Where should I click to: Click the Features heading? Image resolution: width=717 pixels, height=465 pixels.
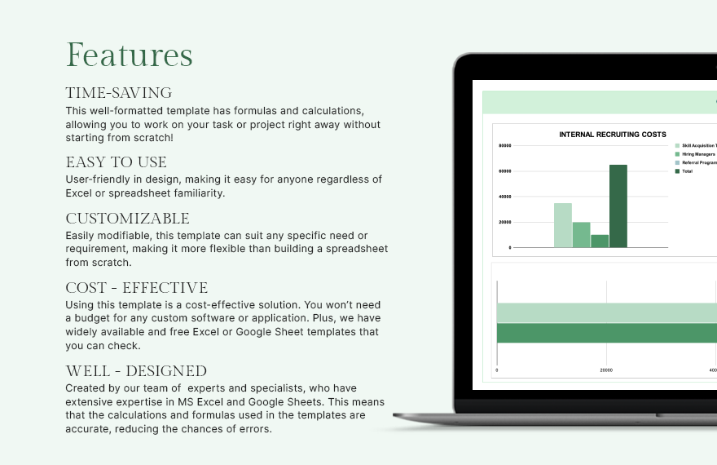point(129,55)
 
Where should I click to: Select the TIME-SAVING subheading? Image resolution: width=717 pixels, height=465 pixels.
point(118,93)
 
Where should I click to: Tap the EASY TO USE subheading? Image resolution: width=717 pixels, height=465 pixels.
point(116,162)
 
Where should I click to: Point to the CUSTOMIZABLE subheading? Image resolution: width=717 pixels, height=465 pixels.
point(127,219)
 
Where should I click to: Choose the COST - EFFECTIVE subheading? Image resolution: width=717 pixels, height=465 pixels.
point(136,288)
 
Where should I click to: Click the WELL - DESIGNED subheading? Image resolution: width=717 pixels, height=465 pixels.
point(136,371)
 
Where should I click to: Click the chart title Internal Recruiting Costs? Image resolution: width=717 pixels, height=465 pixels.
point(612,135)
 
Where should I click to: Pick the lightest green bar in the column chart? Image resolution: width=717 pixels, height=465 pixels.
point(563,225)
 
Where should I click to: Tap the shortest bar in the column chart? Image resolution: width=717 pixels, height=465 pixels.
point(600,241)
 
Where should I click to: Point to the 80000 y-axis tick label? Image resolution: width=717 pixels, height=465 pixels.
point(504,146)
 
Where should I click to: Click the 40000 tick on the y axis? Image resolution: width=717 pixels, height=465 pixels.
point(504,197)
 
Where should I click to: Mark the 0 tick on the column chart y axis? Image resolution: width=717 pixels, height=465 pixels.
point(509,247)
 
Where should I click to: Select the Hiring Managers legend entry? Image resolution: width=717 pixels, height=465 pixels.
point(697,154)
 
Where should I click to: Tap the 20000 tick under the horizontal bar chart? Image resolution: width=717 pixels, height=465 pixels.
point(606,370)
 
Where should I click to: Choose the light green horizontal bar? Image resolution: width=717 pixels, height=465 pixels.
point(606,312)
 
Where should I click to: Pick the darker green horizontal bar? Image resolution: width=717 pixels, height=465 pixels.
point(606,333)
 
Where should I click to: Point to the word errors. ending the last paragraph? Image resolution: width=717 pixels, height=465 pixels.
point(253,429)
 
